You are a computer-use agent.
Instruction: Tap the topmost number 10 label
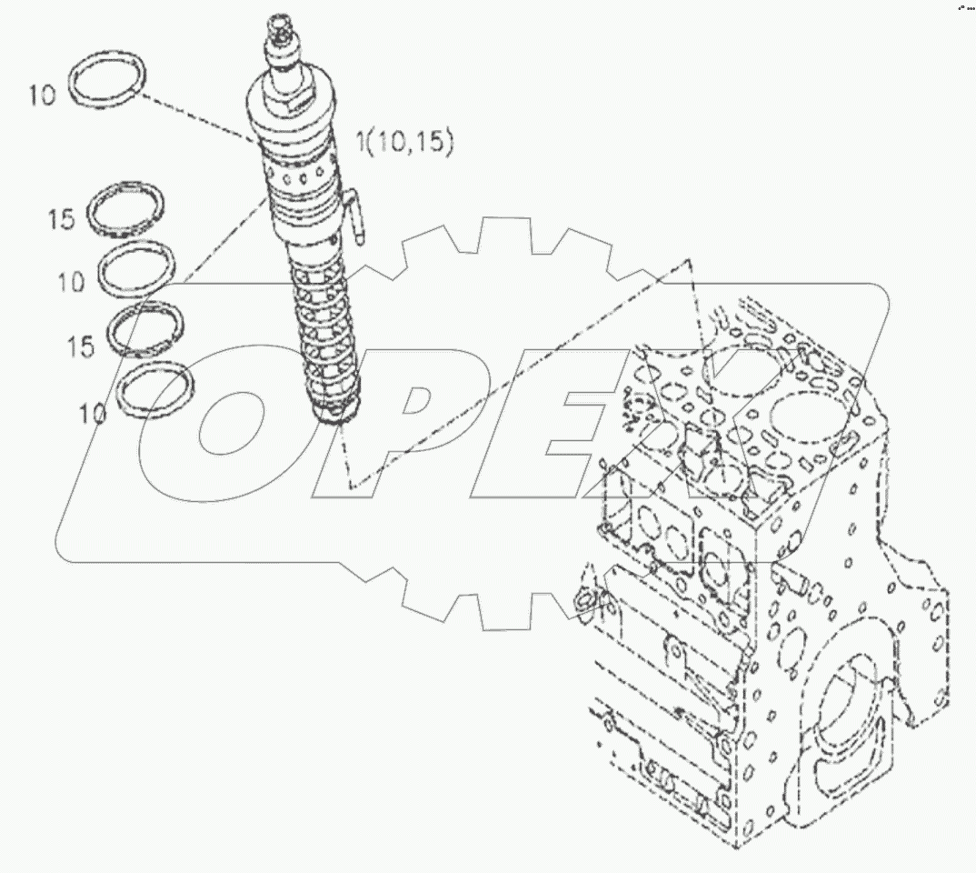pos(42,95)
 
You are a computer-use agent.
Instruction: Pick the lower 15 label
pos(80,347)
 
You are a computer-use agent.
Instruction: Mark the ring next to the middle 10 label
pos(137,266)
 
